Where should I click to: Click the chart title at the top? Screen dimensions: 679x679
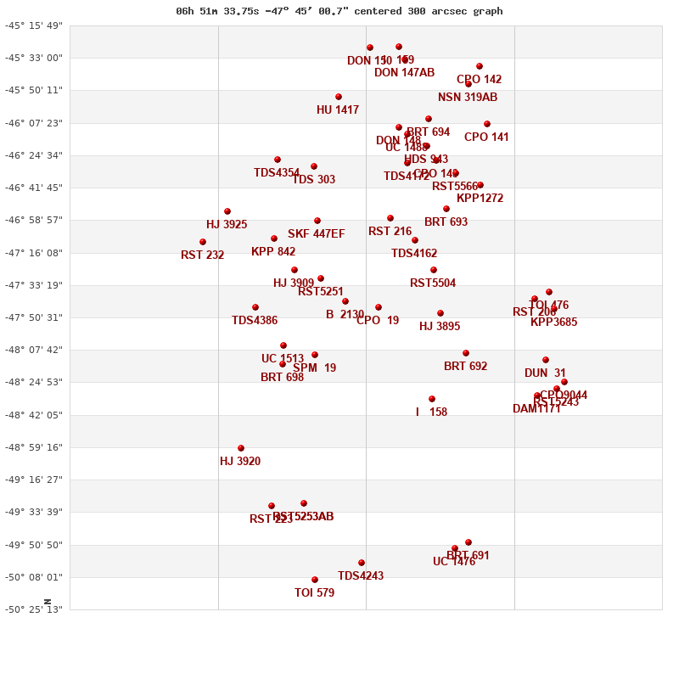point(339,11)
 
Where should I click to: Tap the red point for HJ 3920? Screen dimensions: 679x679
point(241,448)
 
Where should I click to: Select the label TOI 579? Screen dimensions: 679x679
point(314,593)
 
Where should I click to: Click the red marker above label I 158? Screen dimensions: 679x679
point(432,399)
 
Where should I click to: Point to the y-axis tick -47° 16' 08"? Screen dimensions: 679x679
point(34,253)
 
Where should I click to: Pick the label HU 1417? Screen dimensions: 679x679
point(338,110)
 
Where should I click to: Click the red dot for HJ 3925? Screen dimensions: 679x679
point(227,211)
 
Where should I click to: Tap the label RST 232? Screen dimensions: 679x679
point(202,255)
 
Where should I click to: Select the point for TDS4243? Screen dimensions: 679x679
point(362,563)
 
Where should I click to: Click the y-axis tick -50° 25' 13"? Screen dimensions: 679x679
point(34,609)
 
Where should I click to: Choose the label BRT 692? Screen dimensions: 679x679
point(465,367)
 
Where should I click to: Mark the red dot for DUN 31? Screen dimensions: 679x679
point(546,360)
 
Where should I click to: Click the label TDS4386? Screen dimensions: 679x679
point(255,321)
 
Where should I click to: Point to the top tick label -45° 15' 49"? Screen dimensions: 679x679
point(34,25)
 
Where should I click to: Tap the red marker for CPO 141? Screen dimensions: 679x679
point(487,124)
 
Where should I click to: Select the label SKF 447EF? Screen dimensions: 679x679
point(317,234)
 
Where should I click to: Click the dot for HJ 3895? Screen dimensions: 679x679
point(441,313)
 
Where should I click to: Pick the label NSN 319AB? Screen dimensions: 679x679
point(468,98)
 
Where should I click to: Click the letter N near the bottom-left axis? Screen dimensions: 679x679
point(48,602)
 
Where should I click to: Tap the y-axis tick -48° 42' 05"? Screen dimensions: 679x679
point(34,415)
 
